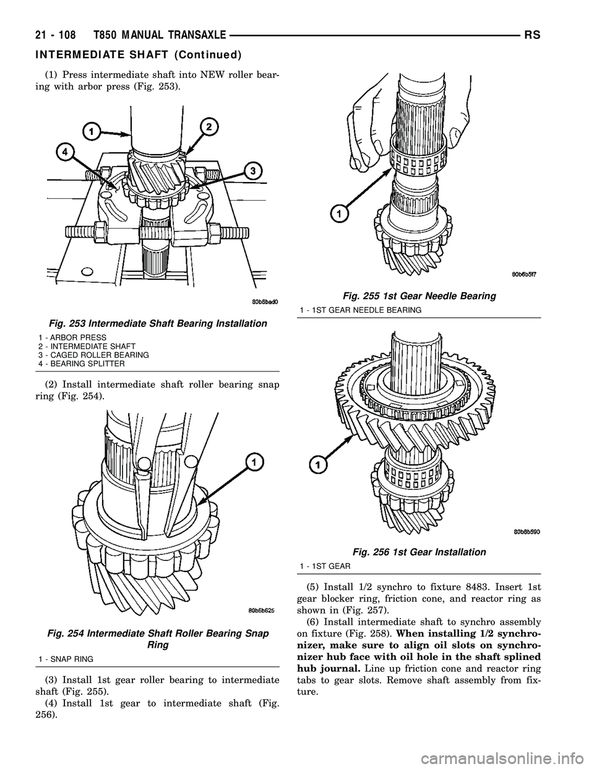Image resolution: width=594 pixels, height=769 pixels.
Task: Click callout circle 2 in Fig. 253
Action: (210, 127)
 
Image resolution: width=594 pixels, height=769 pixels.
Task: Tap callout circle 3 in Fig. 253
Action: (251, 171)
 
